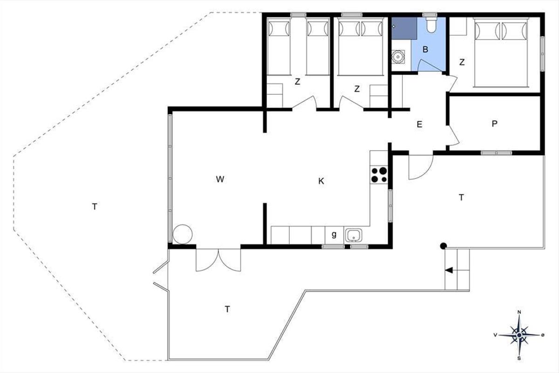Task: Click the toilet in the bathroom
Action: coord(431,25)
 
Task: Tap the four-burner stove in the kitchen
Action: coord(379,175)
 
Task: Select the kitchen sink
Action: coord(354,235)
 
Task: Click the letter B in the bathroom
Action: coord(425,49)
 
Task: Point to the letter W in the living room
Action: coord(220,179)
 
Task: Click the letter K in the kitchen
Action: coord(321,181)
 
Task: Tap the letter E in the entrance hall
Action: coord(420,124)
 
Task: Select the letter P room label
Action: coord(494,124)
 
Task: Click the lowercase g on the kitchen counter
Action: coord(334,235)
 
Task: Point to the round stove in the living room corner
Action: coord(183,235)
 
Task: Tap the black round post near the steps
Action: coord(443,246)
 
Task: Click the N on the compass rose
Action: coord(519,312)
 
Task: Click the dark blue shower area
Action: coord(404,28)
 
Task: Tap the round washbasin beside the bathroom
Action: coord(397,57)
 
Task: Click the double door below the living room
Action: coord(218,260)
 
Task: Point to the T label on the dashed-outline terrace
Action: coord(95,207)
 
